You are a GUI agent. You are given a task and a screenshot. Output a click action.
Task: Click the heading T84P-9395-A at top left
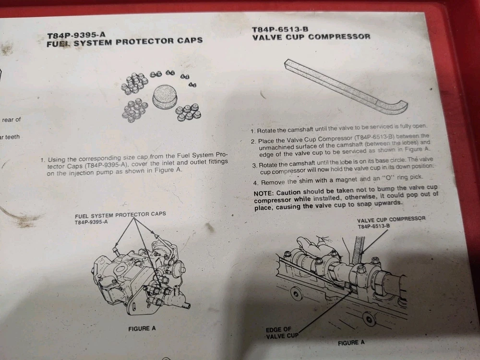click(x=76, y=35)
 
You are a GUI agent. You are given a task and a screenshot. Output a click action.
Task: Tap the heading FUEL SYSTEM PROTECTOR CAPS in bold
click(x=125, y=42)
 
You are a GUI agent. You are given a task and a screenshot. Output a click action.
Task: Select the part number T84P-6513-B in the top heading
click(x=280, y=29)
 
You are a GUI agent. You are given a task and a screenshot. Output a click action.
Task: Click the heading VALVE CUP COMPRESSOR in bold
click(x=312, y=37)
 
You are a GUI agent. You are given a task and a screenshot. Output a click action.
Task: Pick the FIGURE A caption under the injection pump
click(x=142, y=328)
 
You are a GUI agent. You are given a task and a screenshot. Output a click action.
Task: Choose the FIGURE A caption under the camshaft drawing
click(x=351, y=343)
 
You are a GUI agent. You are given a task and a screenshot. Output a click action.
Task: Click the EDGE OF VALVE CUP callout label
click(x=281, y=333)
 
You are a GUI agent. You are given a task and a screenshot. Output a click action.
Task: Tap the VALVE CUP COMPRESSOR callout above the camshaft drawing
click(x=391, y=223)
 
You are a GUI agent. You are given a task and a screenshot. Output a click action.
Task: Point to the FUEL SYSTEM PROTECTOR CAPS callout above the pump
click(x=120, y=217)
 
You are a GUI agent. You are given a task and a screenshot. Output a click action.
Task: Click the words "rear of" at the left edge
click(x=12, y=120)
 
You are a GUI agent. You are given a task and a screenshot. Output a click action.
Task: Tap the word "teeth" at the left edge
click(x=12, y=137)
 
